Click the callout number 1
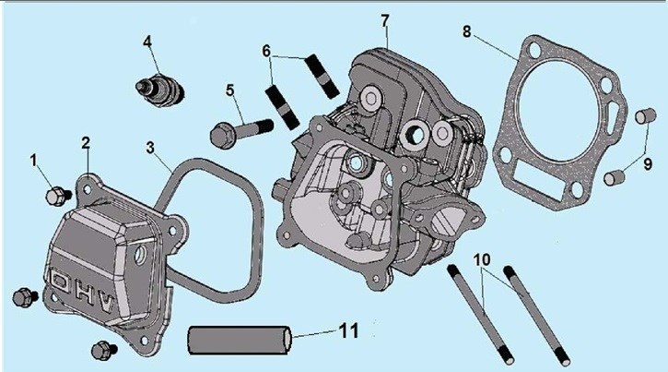[34, 161]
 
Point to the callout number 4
[146, 42]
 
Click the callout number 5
[230, 90]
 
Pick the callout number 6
[266, 51]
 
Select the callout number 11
[346, 330]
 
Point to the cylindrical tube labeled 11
[242, 338]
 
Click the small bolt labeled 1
[57, 195]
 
